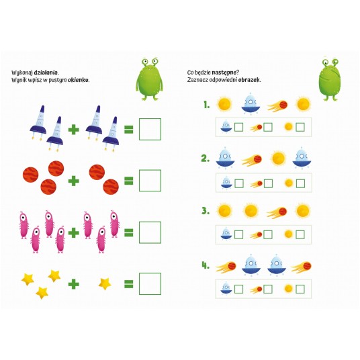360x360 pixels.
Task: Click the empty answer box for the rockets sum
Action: click(x=150, y=129)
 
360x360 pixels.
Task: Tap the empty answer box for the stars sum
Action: click(x=150, y=284)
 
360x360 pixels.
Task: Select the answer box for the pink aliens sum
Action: click(x=150, y=232)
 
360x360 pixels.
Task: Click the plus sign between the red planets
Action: click(x=74, y=181)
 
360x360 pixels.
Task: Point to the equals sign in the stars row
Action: click(x=128, y=284)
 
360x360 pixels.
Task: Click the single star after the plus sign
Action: click(x=105, y=284)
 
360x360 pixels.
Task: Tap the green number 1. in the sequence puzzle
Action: click(x=207, y=105)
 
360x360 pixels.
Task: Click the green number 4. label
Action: click(x=206, y=265)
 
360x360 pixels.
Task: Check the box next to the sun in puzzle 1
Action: click(x=300, y=127)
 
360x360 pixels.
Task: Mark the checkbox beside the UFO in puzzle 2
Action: click(x=239, y=183)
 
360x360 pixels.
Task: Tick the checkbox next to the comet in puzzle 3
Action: click(x=268, y=234)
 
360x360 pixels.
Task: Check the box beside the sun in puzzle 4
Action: click(x=300, y=289)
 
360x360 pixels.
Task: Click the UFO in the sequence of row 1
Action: click(x=251, y=104)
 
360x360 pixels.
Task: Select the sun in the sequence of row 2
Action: click(x=278, y=159)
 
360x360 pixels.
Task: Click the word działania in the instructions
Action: click(x=46, y=73)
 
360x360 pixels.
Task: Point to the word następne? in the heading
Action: click(x=226, y=73)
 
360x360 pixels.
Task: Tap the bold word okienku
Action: click(x=79, y=80)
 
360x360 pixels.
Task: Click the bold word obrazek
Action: click(x=249, y=80)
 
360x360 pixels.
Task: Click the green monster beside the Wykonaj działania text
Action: click(x=150, y=79)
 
